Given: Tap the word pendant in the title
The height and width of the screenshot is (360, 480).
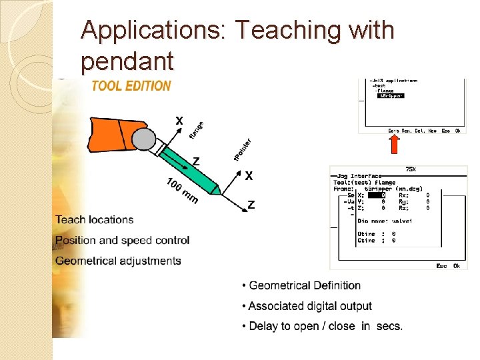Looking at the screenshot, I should tap(127, 61).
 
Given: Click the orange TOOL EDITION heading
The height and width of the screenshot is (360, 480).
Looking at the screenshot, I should tap(131, 85).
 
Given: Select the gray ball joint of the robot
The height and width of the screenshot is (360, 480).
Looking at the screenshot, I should tap(145, 139).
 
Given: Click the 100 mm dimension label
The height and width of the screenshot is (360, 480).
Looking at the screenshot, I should tap(182, 191).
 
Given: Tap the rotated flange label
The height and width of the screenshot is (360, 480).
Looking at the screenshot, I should tap(197, 129).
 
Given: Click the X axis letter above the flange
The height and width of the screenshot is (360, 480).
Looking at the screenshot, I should tap(179, 121).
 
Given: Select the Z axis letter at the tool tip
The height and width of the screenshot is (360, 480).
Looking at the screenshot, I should tap(251, 205).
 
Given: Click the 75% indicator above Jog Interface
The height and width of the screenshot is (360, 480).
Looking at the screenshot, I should tap(411, 169).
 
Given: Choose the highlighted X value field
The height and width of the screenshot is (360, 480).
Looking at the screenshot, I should tap(377, 195).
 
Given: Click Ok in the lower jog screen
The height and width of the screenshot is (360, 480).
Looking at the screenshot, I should tap(457, 266).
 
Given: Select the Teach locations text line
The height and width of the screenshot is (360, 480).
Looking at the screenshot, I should tap(95, 219).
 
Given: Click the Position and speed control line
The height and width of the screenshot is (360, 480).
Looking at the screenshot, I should tap(123, 240).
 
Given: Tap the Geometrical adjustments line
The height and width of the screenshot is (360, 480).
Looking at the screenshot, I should tap(118, 261).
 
